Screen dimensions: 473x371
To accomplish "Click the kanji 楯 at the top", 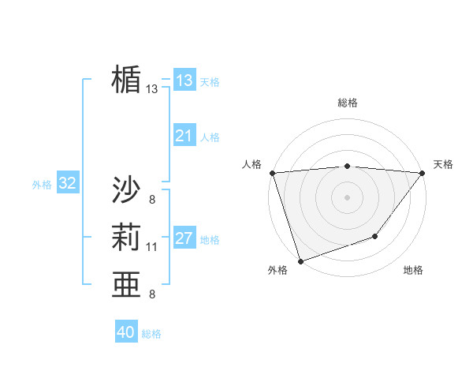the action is point(126,80).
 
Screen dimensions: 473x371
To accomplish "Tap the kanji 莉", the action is point(126,238).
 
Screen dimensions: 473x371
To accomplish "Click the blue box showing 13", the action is point(184,81).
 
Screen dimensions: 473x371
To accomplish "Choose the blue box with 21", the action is point(184,136).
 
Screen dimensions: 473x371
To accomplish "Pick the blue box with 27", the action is point(184,238).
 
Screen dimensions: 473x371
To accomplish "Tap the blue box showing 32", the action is point(68,184).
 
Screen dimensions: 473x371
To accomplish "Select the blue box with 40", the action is point(126,332).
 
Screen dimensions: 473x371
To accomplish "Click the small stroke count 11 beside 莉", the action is point(152,247).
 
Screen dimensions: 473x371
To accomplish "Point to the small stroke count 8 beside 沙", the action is point(151,199).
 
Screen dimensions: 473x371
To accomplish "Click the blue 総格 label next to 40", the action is point(151,334).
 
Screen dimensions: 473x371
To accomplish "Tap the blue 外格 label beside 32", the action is point(42,185).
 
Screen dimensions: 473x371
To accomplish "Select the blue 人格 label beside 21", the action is point(210,137).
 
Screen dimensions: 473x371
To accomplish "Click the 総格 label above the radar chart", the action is point(348,103).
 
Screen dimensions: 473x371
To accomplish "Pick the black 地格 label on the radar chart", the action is point(413,271).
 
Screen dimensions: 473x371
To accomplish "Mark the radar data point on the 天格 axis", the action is point(422,173).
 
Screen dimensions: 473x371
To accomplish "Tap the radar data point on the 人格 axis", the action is point(272,173).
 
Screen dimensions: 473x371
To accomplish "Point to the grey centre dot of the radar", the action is point(347,197).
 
